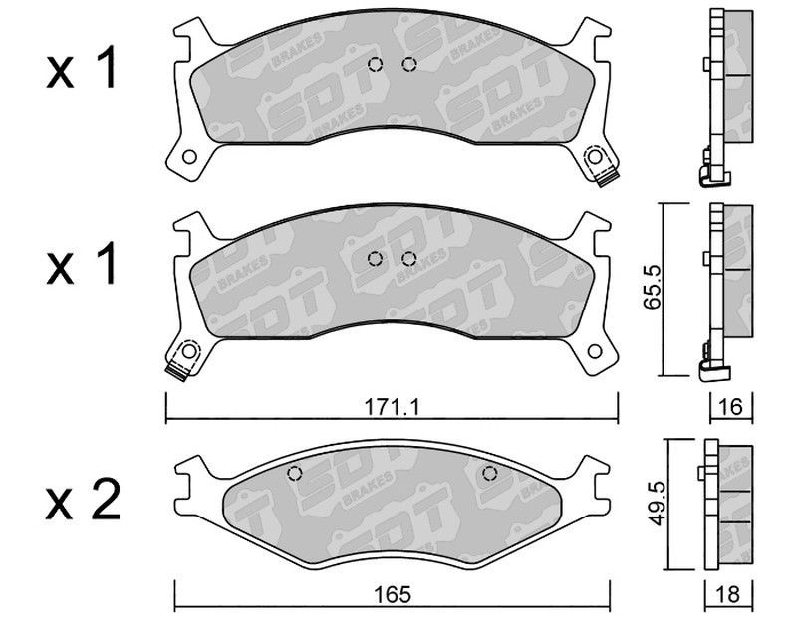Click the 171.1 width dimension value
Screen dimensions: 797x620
tap(391, 407)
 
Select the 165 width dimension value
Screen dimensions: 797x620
tap(392, 594)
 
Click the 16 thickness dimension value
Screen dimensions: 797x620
tap(731, 407)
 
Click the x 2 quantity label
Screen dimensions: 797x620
tap(83, 500)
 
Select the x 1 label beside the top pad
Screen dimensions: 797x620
tap(82, 68)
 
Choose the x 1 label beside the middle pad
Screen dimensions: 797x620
tap(82, 263)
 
